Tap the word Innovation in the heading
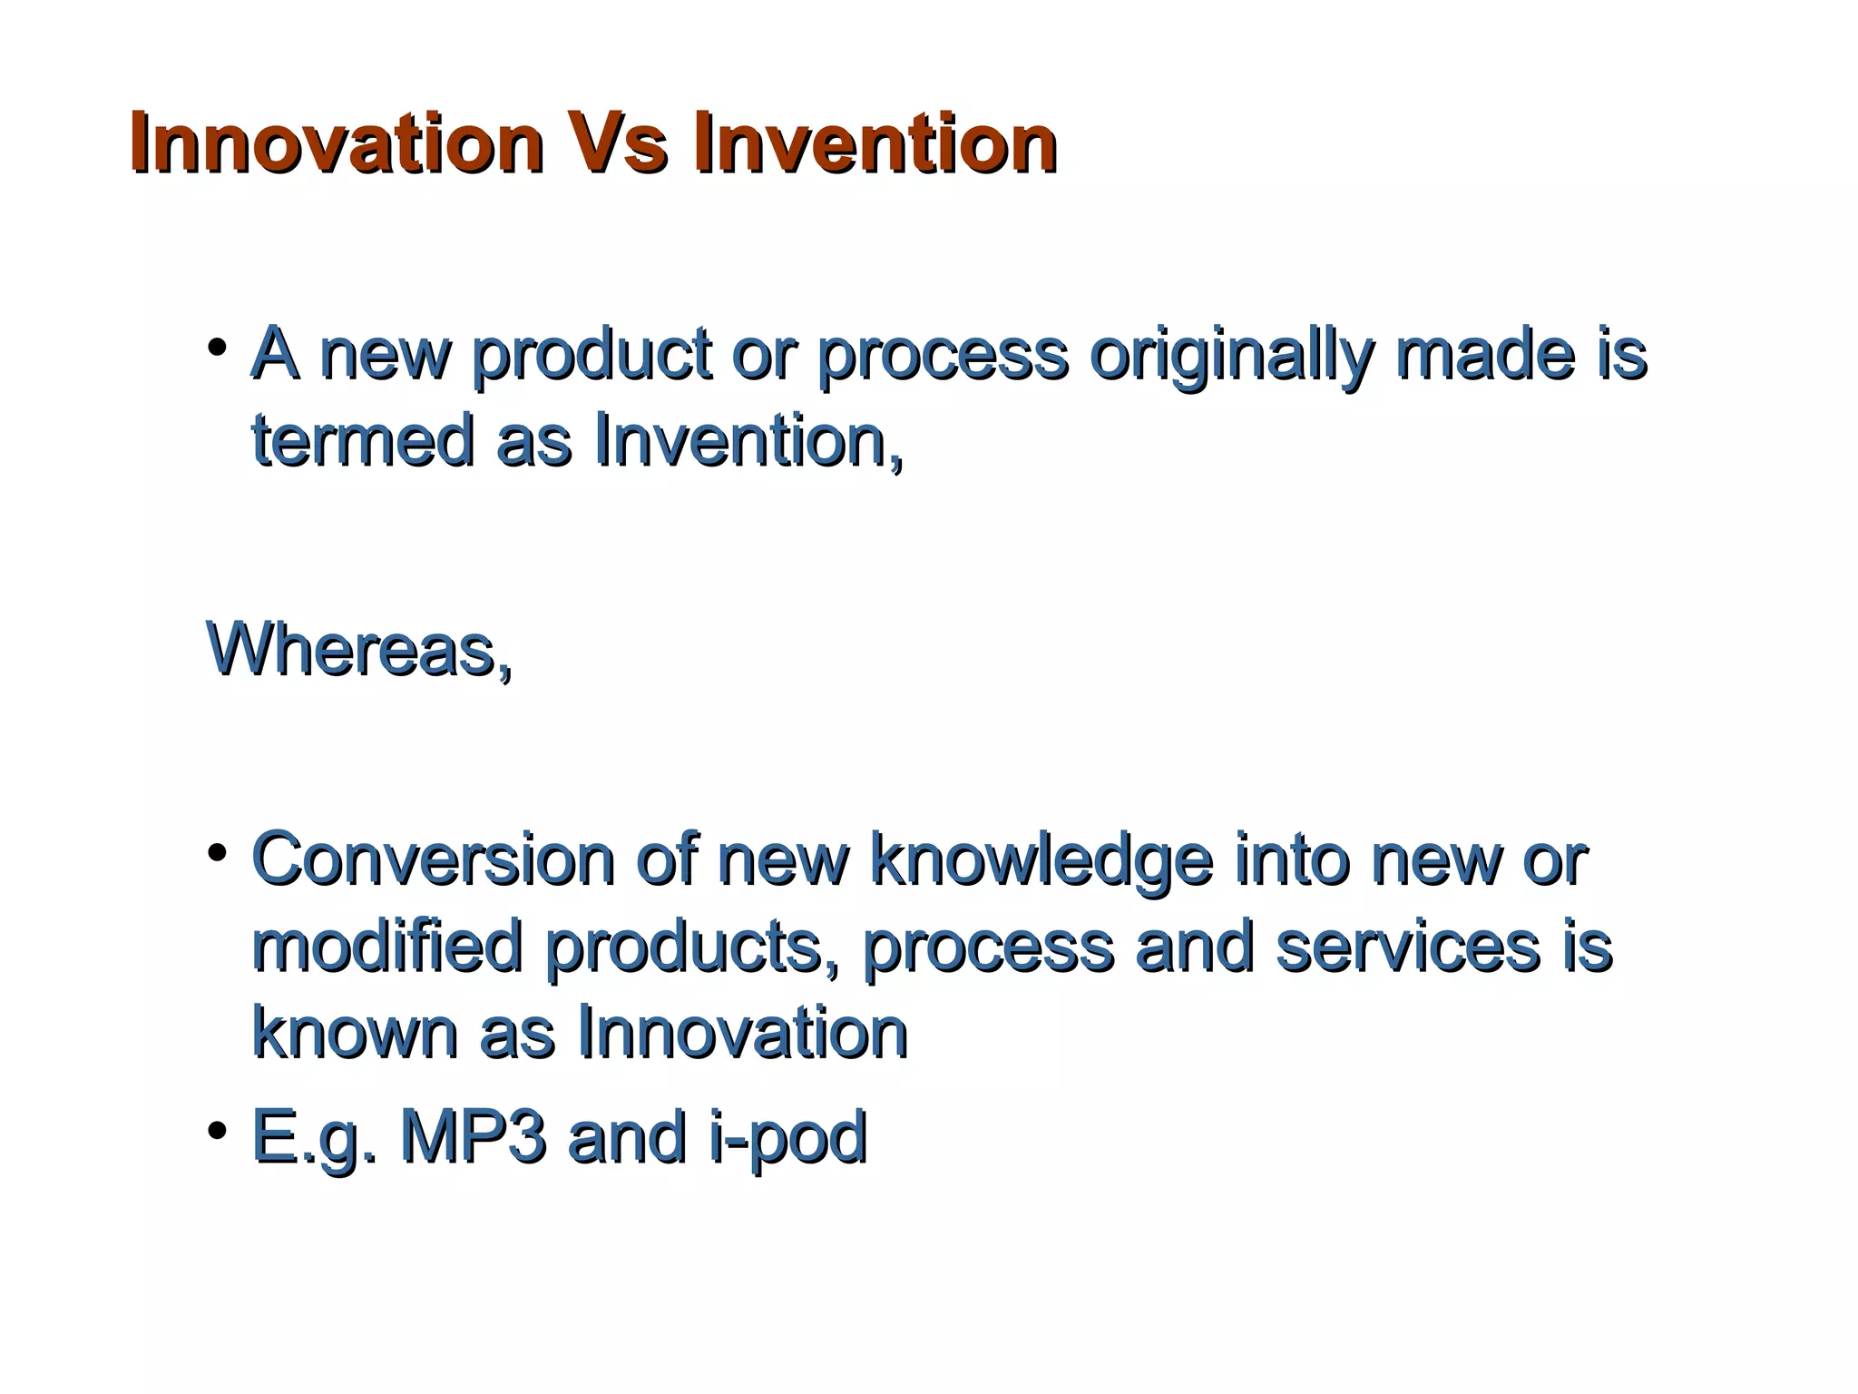[336, 143]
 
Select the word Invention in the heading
[875, 143]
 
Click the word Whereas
[359, 650]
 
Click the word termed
[362, 441]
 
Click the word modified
[387, 946]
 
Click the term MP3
[474, 1136]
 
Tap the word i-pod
[788, 1138]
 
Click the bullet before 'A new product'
[217, 348]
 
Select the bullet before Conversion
[217, 852]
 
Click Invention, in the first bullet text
[749, 441]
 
